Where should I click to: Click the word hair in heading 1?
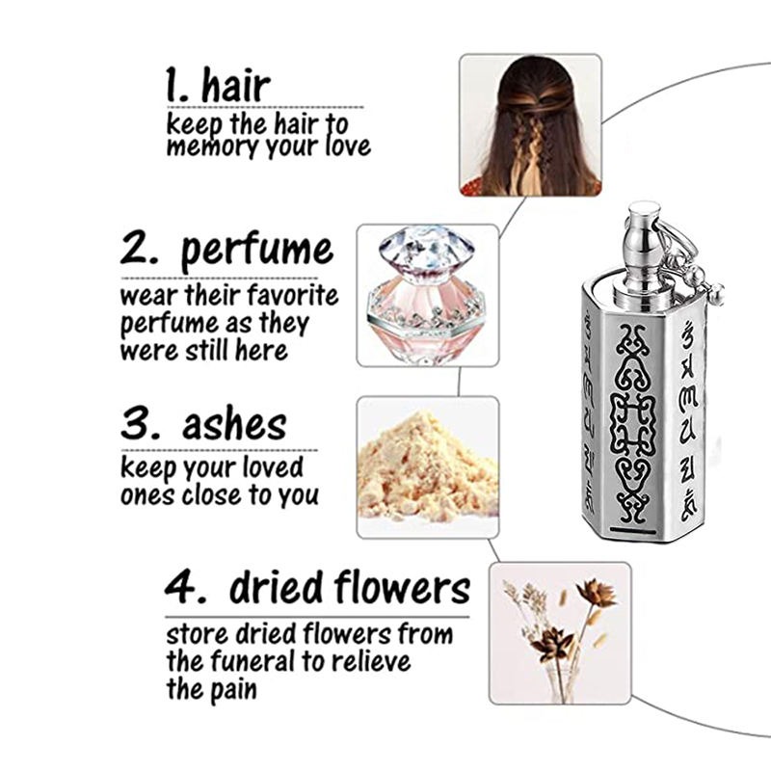[x=236, y=86]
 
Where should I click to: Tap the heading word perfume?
[x=257, y=252]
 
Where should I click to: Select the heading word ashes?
[x=234, y=425]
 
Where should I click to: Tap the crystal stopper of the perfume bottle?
[x=426, y=249]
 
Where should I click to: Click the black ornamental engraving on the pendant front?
[x=633, y=423]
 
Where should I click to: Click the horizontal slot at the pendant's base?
[x=635, y=531]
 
